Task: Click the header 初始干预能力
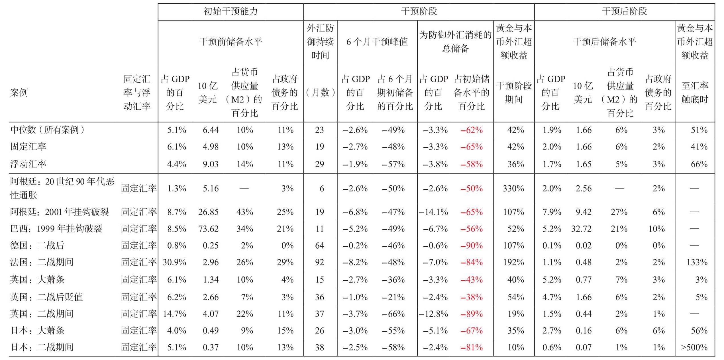[231, 11]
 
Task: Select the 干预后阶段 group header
[624, 11]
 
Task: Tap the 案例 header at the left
[19, 92]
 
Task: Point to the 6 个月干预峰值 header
[377, 42]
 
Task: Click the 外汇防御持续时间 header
[320, 42]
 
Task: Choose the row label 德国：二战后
[37, 245]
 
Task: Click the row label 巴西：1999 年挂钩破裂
[56, 228]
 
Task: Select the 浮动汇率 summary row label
[28, 164]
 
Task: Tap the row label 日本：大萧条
[37, 330]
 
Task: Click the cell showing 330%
[513, 188]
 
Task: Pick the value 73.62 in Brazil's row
[208, 229]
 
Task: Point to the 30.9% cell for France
[174, 262]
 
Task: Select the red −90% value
[472, 246]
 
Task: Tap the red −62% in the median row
[472, 130]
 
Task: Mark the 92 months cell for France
[319, 262]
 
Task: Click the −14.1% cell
[433, 212]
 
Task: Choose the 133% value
[697, 262]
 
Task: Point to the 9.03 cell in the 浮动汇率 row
[211, 164]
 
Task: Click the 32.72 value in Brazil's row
[581, 229]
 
